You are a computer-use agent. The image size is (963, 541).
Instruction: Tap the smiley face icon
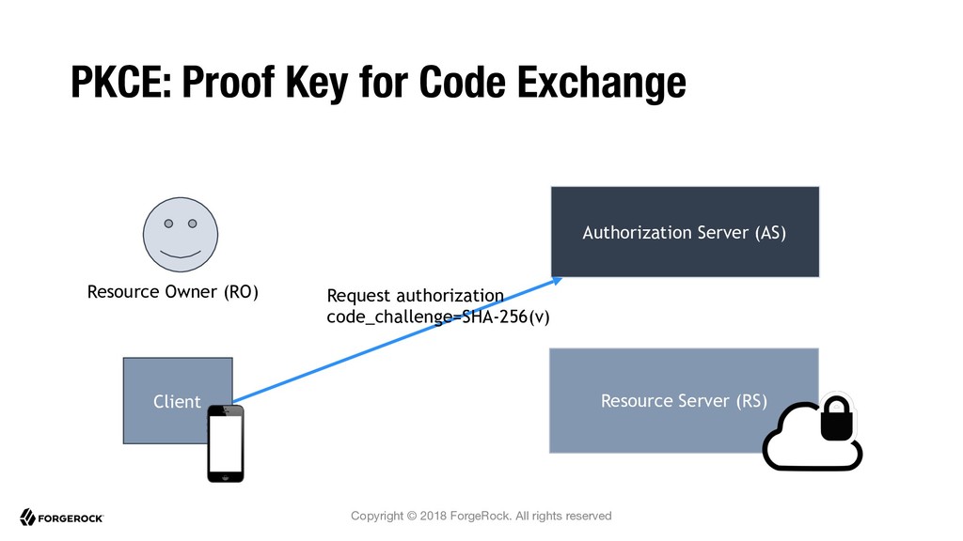click(x=181, y=234)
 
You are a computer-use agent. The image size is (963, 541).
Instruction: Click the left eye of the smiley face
click(x=168, y=224)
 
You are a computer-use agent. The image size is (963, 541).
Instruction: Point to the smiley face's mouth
click(x=181, y=254)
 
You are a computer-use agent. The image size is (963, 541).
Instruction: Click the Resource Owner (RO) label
click(x=173, y=292)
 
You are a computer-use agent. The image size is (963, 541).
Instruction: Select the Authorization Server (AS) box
click(x=685, y=232)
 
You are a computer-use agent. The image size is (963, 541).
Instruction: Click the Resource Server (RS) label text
click(x=684, y=401)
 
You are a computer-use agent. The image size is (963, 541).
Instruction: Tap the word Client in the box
click(x=177, y=402)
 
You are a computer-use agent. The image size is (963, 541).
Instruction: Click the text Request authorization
click(x=415, y=296)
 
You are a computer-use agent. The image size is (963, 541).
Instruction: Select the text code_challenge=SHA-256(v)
click(x=438, y=317)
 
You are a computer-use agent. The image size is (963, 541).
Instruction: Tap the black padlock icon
click(x=836, y=419)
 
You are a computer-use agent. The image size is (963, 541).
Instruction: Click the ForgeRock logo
click(x=61, y=518)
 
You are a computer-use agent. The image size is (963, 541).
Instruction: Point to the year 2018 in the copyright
click(x=433, y=516)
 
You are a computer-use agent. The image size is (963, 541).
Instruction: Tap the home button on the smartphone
click(x=226, y=475)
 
